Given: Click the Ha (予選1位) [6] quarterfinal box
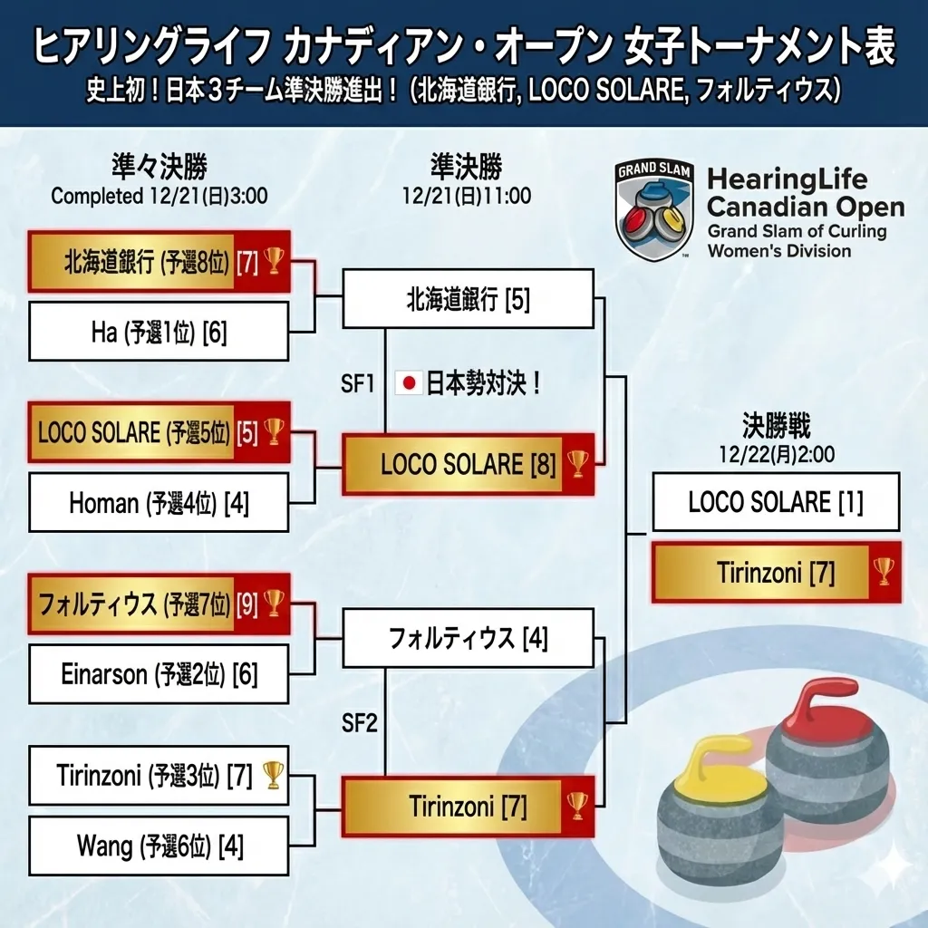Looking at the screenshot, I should [159, 332].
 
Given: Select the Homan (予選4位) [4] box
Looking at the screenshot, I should [159, 503].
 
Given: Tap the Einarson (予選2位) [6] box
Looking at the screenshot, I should [159, 674].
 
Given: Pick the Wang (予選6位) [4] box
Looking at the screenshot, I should [159, 846].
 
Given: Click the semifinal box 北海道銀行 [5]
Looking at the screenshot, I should [468, 299].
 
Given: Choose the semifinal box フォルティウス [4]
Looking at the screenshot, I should [468, 639].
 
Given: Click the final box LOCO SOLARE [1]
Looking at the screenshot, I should [776, 501].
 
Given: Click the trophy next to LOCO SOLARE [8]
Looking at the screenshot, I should [577, 464].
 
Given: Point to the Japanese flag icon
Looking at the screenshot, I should [409, 383].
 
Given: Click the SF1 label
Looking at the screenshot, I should [358, 383].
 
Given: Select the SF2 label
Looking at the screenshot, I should [359, 723].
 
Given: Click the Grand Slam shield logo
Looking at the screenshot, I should [654, 209].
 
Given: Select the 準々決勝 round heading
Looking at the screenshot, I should [159, 168].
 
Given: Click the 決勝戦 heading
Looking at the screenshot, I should [776, 426].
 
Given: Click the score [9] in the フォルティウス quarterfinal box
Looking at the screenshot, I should [246, 603].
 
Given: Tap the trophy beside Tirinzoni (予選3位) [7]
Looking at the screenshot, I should [273, 774].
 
